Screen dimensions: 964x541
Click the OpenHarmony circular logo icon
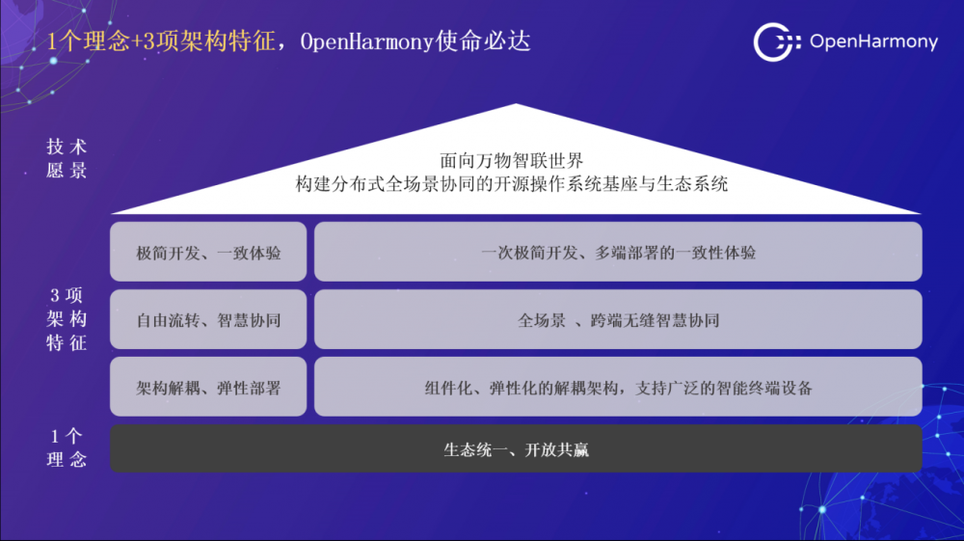pos(776,41)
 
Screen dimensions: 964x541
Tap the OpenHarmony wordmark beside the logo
pos(873,41)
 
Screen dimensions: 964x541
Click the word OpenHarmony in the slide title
pos(367,41)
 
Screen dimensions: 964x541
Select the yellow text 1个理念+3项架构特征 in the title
pos(161,41)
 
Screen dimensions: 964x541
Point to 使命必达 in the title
pos(483,41)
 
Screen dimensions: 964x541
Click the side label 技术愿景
pos(67,158)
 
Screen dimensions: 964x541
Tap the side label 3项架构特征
pos(67,319)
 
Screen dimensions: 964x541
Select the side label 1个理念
pos(67,448)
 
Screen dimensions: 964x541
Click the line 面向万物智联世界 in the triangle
pos(512,161)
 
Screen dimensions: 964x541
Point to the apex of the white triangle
pos(516,104)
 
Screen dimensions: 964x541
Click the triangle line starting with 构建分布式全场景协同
pos(512,184)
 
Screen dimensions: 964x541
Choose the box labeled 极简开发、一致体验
pos(208,252)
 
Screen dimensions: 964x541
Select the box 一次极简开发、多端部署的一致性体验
pos(618,252)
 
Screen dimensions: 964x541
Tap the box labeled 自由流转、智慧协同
pos(208,320)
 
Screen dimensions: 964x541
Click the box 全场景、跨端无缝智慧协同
pos(618,320)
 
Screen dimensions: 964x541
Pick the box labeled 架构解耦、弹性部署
pos(208,387)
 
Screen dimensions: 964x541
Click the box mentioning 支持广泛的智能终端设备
pos(618,387)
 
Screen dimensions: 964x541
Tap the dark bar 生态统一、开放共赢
pos(516,448)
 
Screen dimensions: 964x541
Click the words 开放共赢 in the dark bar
pos(557,450)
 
